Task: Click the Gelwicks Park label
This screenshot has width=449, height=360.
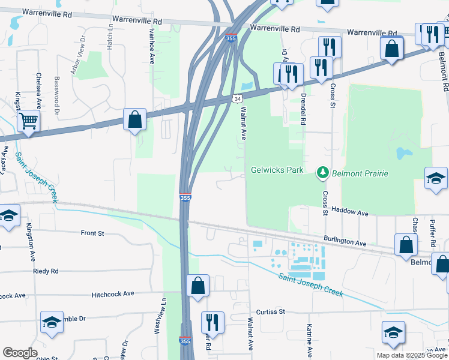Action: (x=277, y=170)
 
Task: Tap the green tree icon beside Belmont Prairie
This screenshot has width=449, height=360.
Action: (x=323, y=173)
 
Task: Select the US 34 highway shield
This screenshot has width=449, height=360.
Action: (x=237, y=98)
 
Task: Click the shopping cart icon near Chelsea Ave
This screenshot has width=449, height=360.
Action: (x=28, y=122)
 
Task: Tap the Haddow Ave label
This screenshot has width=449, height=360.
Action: (x=351, y=213)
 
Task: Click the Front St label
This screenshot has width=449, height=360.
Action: (x=92, y=233)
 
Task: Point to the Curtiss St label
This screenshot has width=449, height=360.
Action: (x=270, y=312)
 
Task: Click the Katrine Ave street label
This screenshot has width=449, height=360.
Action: (x=309, y=340)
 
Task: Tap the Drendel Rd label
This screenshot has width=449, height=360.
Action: (x=304, y=108)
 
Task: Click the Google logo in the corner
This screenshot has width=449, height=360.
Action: (x=20, y=353)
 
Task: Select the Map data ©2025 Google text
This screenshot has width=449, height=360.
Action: (x=412, y=355)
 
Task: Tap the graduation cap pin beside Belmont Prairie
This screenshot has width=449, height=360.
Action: (x=435, y=178)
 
